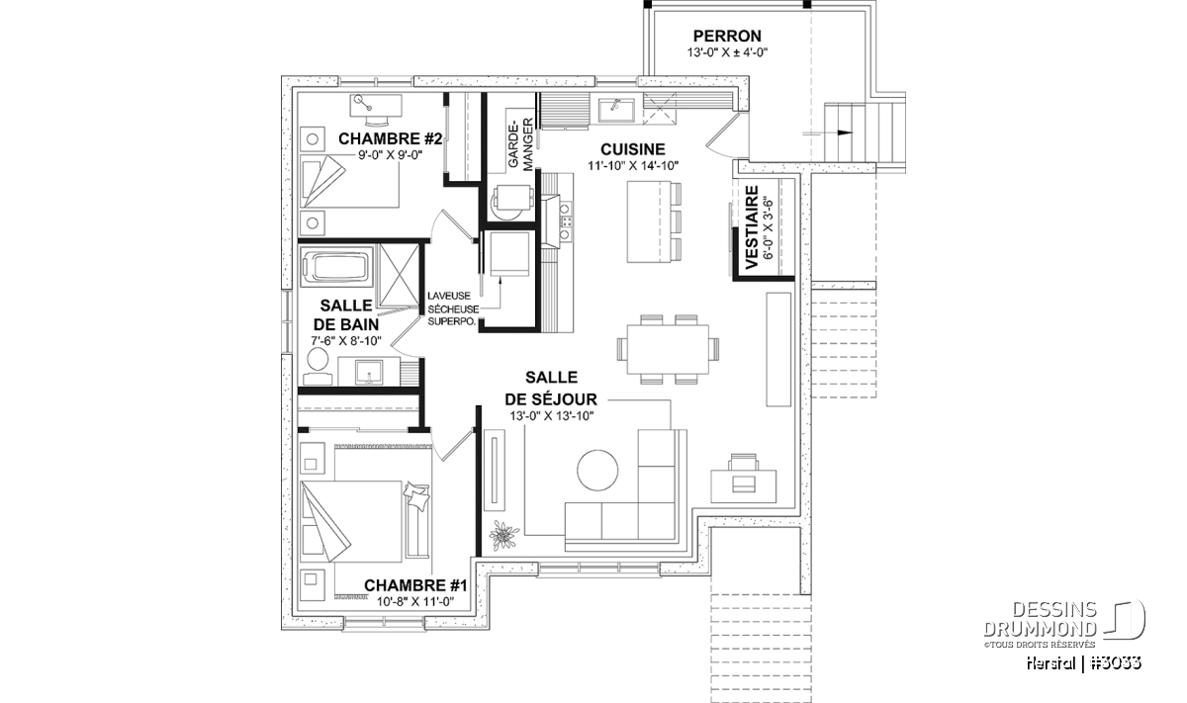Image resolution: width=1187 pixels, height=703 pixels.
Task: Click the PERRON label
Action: [727, 36]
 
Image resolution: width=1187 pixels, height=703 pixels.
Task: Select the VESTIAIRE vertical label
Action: [751, 227]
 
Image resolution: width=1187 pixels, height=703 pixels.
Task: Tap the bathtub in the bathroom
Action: [334, 267]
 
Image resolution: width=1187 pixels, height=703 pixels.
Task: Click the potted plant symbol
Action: [503, 535]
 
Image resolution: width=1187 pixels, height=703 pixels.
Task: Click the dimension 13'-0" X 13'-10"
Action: [553, 415]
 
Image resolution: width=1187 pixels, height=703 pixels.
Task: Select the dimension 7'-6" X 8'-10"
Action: [346, 341]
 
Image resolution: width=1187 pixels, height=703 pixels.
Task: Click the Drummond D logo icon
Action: [1128, 620]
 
